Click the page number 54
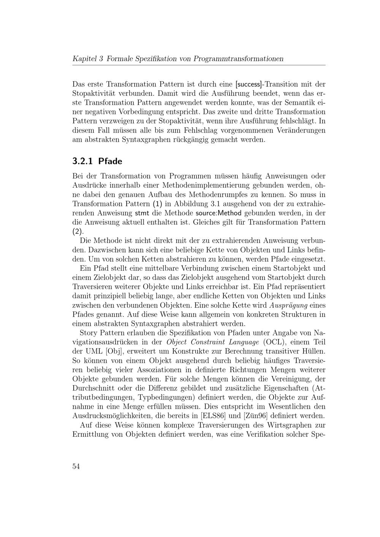pyautogui.click(x=76, y=466)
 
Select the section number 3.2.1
pyautogui.click(x=82, y=161)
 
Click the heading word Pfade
pyautogui.click(x=110, y=161)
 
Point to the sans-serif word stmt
pyautogui.click(x=142, y=213)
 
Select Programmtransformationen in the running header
pyautogui.click(x=238, y=59)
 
